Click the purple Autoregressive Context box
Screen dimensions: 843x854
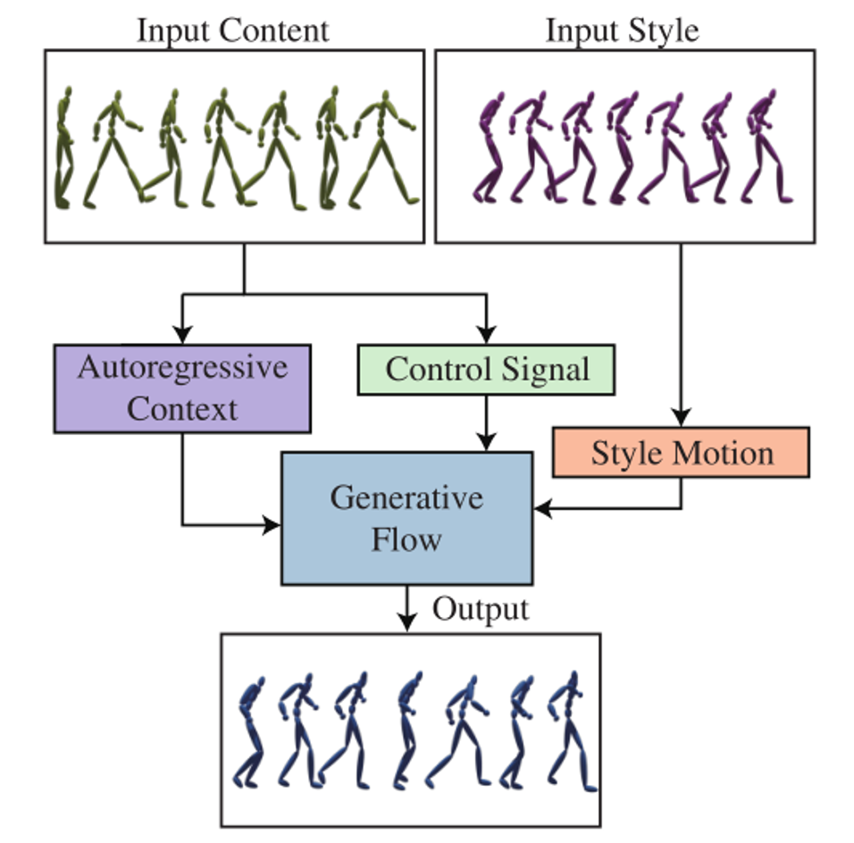(x=182, y=388)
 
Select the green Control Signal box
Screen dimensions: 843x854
(x=486, y=370)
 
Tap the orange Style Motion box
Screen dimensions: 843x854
(x=681, y=453)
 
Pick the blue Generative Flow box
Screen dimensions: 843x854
(x=406, y=518)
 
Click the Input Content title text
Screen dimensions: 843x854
(x=232, y=30)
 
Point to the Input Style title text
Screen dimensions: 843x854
(x=622, y=30)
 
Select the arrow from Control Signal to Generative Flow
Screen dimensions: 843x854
(x=486, y=423)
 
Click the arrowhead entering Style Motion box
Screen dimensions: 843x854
(x=681, y=418)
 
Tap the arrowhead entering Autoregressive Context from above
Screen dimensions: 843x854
(x=182, y=336)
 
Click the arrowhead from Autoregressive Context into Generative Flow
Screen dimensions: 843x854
(x=272, y=525)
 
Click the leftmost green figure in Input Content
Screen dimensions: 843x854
(x=63, y=147)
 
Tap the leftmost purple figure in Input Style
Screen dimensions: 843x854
(x=490, y=147)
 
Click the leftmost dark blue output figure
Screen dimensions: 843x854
(x=250, y=732)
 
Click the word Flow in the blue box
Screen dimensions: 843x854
(x=406, y=538)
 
